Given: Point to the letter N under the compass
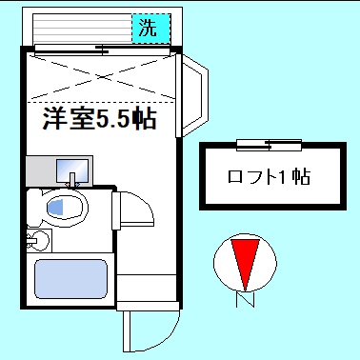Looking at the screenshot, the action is pos(246,303).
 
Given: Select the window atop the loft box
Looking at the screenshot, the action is pos(270,145).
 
